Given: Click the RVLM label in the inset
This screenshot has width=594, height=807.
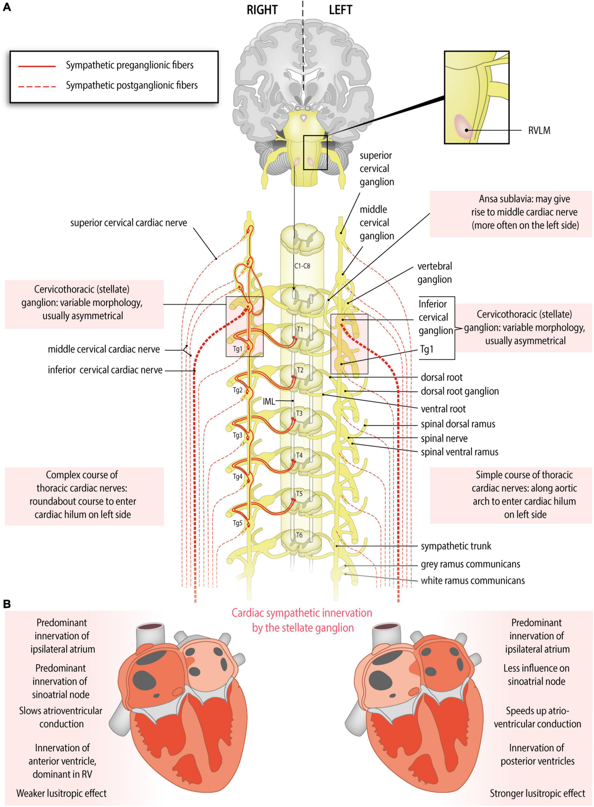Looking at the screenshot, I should [x=539, y=131].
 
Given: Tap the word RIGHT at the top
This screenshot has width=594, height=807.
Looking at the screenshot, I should [x=262, y=10].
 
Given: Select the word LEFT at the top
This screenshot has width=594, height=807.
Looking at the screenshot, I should [x=341, y=10].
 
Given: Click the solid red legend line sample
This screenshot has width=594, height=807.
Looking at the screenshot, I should [x=37, y=65].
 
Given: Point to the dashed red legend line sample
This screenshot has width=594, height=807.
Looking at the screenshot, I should [x=37, y=86].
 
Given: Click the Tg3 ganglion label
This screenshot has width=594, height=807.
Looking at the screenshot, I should [x=238, y=435].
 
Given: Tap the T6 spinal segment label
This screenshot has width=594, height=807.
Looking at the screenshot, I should [x=299, y=535].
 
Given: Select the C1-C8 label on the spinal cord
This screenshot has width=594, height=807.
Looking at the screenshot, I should [x=302, y=266].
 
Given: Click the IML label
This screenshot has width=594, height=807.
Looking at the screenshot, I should [x=269, y=401].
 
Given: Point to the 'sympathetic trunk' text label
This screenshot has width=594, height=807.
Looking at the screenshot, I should [x=456, y=546].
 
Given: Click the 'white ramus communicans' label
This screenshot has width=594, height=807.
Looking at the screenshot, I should [x=473, y=581].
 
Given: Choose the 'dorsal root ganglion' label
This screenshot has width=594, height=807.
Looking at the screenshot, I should [x=459, y=391].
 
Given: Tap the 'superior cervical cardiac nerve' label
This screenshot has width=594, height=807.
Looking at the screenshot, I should [x=129, y=223].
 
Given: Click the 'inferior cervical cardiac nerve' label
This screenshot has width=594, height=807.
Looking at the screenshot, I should [x=105, y=370].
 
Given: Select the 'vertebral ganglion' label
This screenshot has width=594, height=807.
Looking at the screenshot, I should [x=435, y=273].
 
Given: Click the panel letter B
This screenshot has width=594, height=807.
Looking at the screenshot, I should [x=7, y=604].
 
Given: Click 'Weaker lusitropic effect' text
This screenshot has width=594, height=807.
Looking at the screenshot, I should [x=61, y=793].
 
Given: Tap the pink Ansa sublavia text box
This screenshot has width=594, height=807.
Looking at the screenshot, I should [x=511, y=212].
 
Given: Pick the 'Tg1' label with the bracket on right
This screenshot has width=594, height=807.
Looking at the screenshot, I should [x=427, y=349].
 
